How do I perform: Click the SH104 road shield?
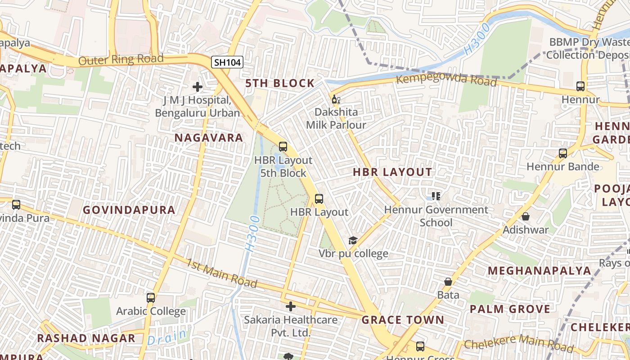(227, 62)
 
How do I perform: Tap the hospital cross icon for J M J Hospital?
(197, 87)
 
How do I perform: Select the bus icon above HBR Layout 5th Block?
(283, 146)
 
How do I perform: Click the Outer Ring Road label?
(121, 59)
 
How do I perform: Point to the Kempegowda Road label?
(446, 80)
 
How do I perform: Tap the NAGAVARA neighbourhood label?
(209, 138)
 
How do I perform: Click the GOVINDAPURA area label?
(129, 210)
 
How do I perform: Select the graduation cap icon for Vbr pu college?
(353, 241)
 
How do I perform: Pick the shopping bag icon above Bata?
(448, 282)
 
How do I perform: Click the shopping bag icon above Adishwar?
(526, 216)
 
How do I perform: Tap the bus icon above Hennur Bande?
(562, 153)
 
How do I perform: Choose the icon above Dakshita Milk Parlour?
(336, 99)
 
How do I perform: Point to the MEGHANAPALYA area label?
(540, 270)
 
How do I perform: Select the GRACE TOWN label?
(403, 320)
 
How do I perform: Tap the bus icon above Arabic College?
(151, 298)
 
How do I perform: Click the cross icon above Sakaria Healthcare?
(291, 306)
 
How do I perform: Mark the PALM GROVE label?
(510, 309)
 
